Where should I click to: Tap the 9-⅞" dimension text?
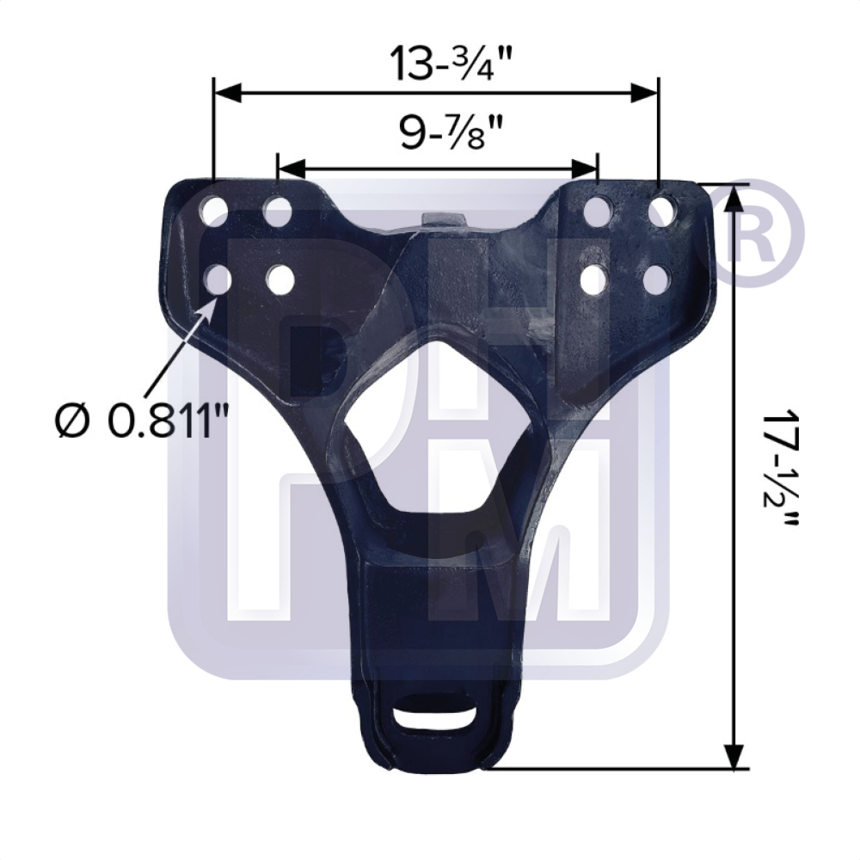[439, 134]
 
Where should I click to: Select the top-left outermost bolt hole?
[215, 211]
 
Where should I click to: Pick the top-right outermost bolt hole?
[661, 211]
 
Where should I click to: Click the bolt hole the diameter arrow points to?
[217, 279]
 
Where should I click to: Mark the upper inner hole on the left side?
[278, 211]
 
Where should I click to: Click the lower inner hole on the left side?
[280, 279]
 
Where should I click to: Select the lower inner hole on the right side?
[595, 279]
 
